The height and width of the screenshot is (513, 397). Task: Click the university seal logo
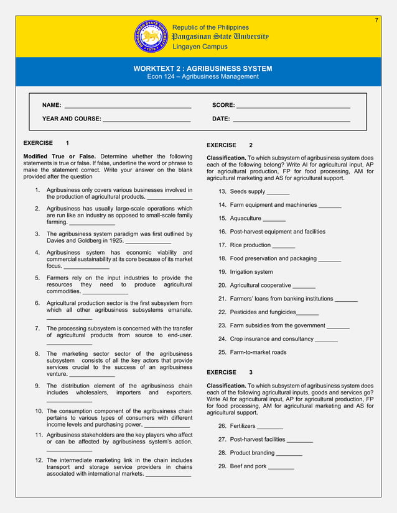click(x=151, y=36)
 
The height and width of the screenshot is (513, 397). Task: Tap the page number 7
click(x=376, y=20)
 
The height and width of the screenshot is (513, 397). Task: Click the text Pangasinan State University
click(x=220, y=37)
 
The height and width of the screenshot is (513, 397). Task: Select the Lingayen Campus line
click(x=200, y=47)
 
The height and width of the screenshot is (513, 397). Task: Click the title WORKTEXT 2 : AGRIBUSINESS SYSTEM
click(x=203, y=68)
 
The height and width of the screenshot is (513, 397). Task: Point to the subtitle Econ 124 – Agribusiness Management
click(x=202, y=77)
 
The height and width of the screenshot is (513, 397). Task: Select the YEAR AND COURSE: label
click(x=72, y=119)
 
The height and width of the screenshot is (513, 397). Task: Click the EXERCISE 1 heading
click(x=46, y=143)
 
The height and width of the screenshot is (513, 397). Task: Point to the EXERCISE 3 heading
click(x=230, y=373)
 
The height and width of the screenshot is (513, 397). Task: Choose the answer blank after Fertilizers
click(x=269, y=427)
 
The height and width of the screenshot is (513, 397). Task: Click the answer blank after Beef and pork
click(x=281, y=467)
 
